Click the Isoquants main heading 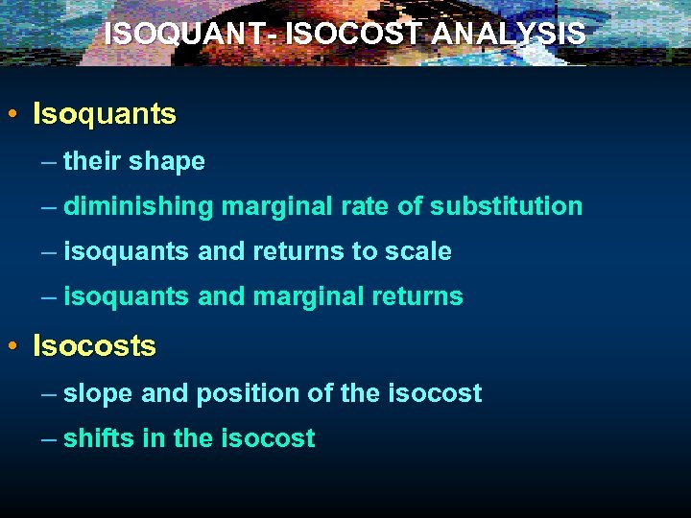click(105, 114)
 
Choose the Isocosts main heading click(94, 345)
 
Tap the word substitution click(506, 206)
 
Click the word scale click(418, 251)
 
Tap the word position click(230, 393)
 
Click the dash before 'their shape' click(49, 161)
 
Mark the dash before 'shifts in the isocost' click(49, 438)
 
